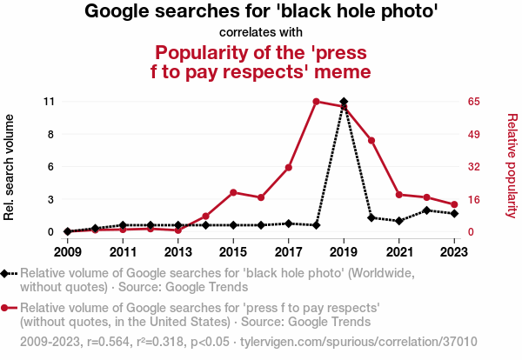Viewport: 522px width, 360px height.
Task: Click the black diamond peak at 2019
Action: (x=344, y=102)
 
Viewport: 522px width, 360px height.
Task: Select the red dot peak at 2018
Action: (x=316, y=102)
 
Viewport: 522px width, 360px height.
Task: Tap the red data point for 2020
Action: (x=371, y=141)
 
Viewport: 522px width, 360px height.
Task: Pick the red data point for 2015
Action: (x=233, y=192)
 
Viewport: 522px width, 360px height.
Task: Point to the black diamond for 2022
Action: (x=426, y=210)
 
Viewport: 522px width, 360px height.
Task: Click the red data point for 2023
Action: (x=454, y=204)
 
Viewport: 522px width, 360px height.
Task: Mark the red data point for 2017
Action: (x=288, y=168)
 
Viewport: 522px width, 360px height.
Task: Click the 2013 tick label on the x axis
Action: (x=177, y=252)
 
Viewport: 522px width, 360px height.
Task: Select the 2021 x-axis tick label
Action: (x=399, y=252)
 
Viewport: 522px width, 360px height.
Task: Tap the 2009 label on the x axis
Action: (x=67, y=252)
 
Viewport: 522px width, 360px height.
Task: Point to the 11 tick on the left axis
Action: (x=49, y=102)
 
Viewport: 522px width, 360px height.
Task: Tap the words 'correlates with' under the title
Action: (x=261, y=33)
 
